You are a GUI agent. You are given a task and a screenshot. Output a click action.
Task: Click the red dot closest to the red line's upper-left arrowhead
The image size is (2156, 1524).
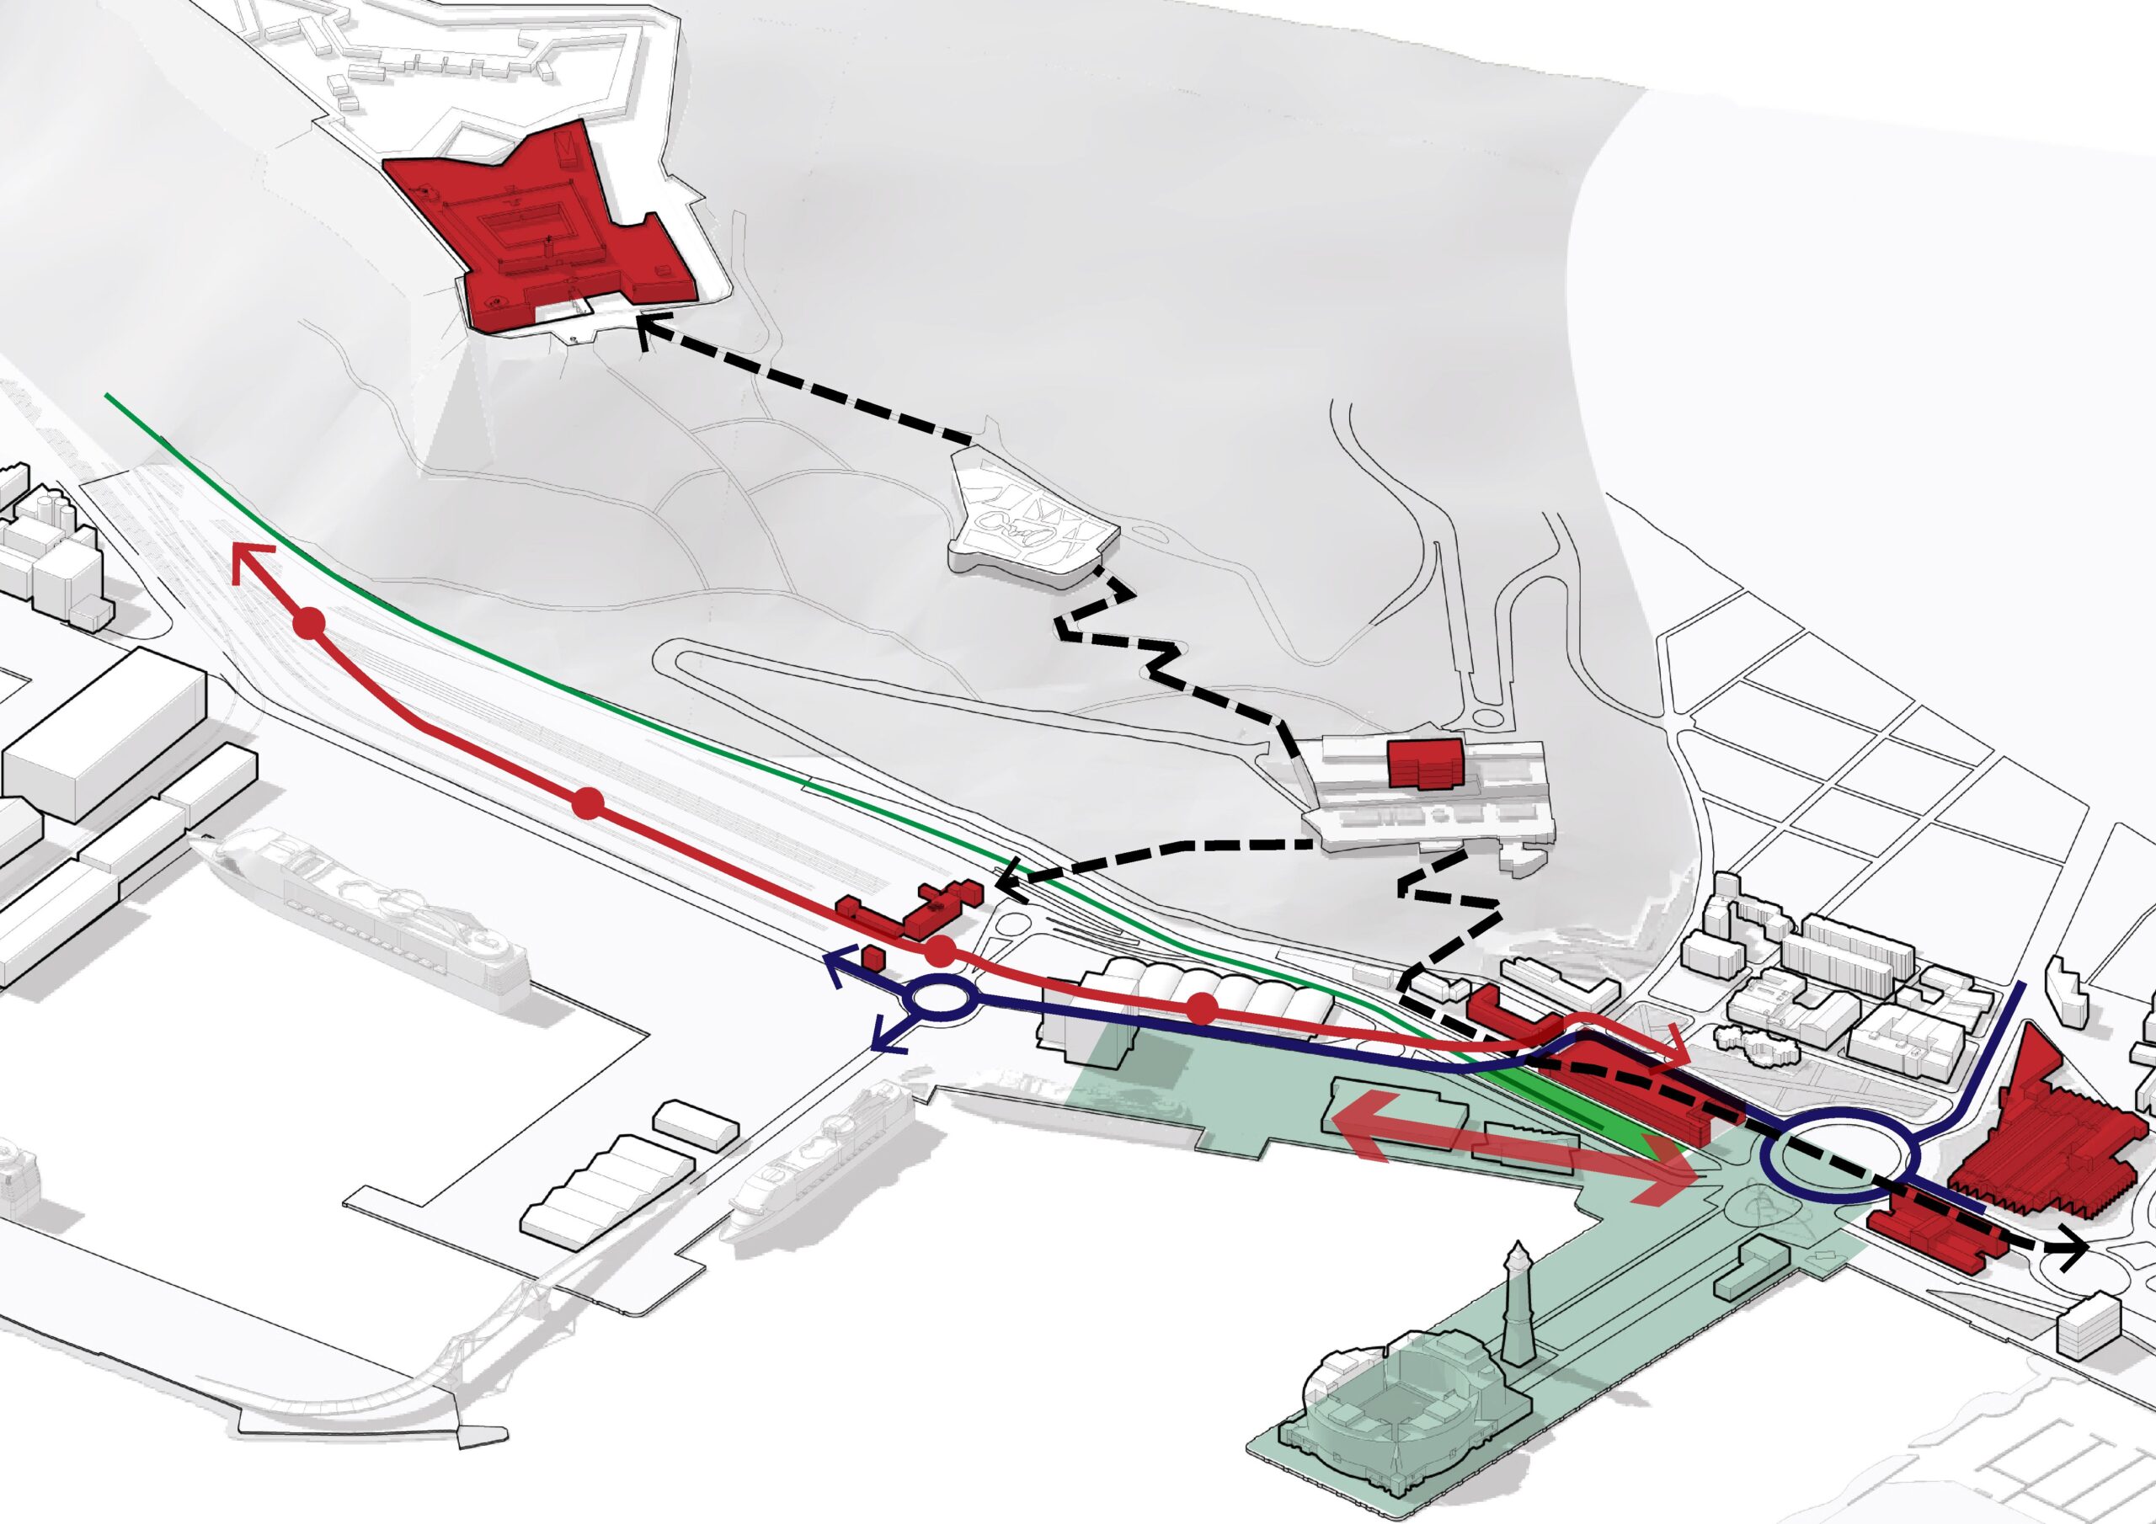310,624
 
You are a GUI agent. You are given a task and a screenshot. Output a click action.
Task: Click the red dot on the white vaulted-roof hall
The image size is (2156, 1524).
1202,1010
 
